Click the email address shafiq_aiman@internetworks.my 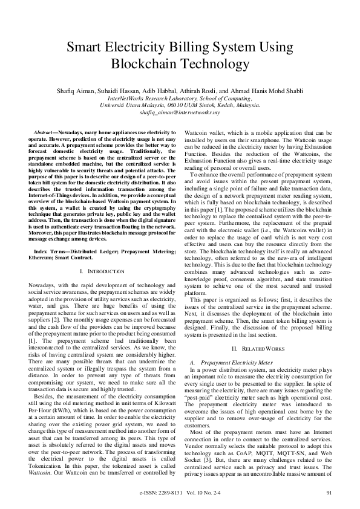[179, 112]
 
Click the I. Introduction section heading [102, 272]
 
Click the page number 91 [329, 493]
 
